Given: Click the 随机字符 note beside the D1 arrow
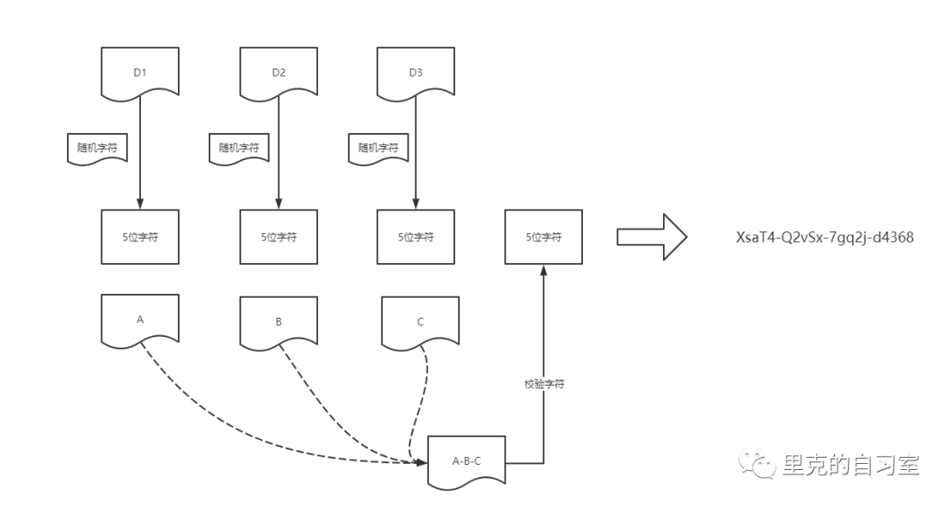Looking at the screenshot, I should point(98,148).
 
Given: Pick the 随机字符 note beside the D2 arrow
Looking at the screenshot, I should point(239,148).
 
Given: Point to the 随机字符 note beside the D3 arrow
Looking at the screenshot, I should point(378,148).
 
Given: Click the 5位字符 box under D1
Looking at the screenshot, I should point(140,237).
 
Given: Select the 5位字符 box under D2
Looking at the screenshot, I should point(278,237).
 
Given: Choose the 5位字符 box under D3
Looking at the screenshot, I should point(416,237).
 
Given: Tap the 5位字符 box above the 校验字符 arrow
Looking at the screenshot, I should point(543,237).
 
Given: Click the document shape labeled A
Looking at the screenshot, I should point(140,320).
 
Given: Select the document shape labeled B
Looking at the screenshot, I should point(278,321).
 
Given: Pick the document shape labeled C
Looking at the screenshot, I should point(420,321).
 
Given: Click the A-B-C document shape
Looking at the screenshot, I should point(467,460).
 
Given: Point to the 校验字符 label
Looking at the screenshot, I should point(543,385).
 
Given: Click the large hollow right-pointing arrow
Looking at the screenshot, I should point(651,237).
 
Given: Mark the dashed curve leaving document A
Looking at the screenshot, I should point(229,422).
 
